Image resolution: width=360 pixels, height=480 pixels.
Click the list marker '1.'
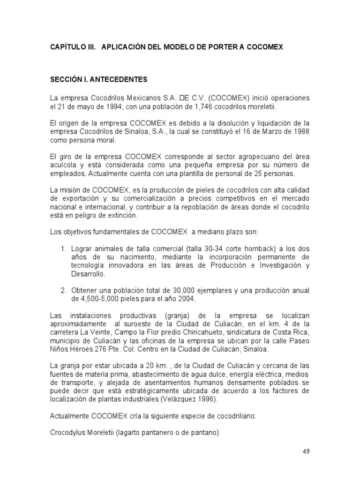tap(64, 248)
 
